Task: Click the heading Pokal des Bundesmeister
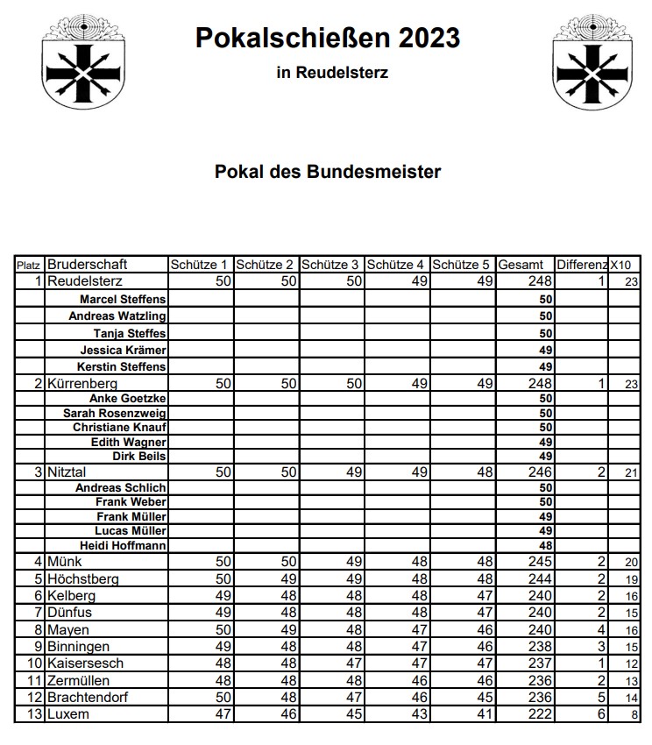(327, 172)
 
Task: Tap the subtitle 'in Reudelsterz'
(331, 74)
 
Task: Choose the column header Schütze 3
(331, 265)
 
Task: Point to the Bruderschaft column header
(88, 264)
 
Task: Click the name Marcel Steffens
(123, 300)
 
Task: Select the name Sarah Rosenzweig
(115, 413)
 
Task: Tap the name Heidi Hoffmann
(123, 545)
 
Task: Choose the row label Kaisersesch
(88, 663)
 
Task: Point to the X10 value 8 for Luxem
(632, 715)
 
